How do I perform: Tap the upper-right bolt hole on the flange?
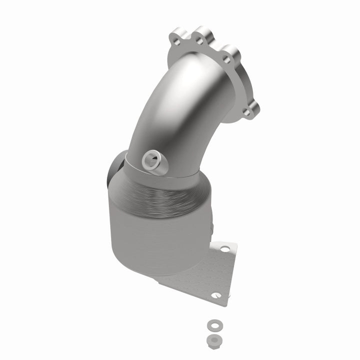226,59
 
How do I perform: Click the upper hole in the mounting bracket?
222,248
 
